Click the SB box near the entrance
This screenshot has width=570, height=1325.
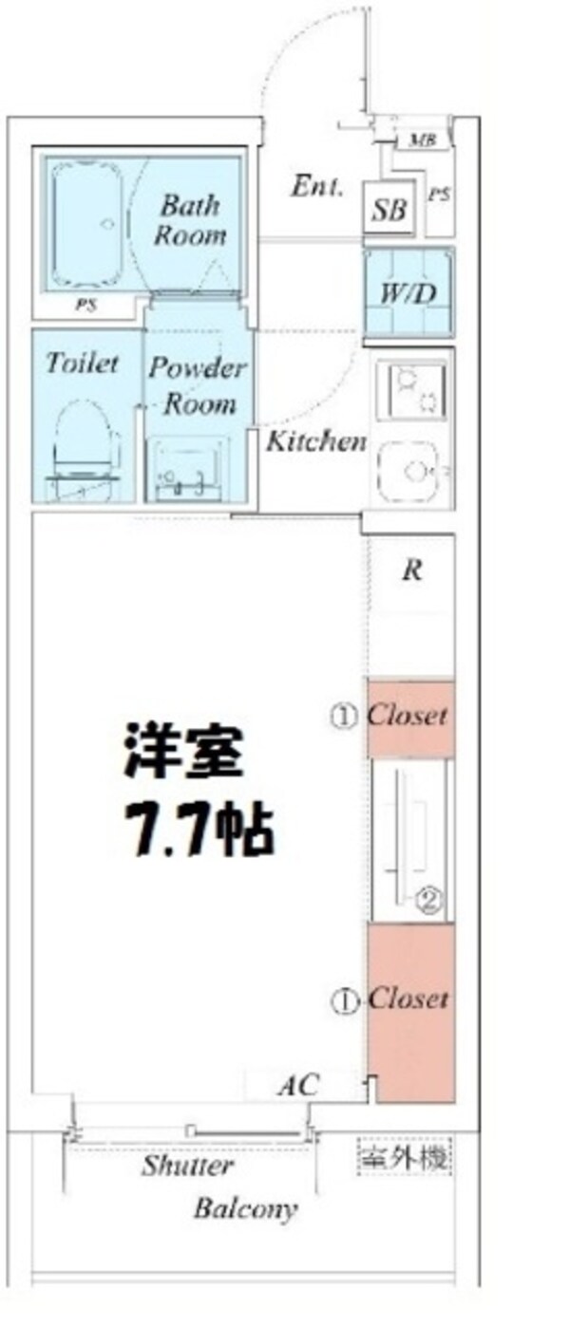click(389, 210)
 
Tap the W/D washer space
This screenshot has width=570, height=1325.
click(408, 293)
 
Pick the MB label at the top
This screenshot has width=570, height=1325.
click(422, 142)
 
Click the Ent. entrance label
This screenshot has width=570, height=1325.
click(316, 186)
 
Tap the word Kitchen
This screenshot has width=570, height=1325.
click(315, 441)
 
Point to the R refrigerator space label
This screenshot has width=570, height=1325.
click(412, 571)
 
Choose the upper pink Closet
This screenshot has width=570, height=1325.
click(410, 718)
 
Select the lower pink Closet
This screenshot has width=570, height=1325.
click(411, 1011)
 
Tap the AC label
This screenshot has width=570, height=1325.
click(297, 1084)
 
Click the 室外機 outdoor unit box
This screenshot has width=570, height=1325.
click(404, 1157)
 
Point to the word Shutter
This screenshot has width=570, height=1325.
click(187, 1166)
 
